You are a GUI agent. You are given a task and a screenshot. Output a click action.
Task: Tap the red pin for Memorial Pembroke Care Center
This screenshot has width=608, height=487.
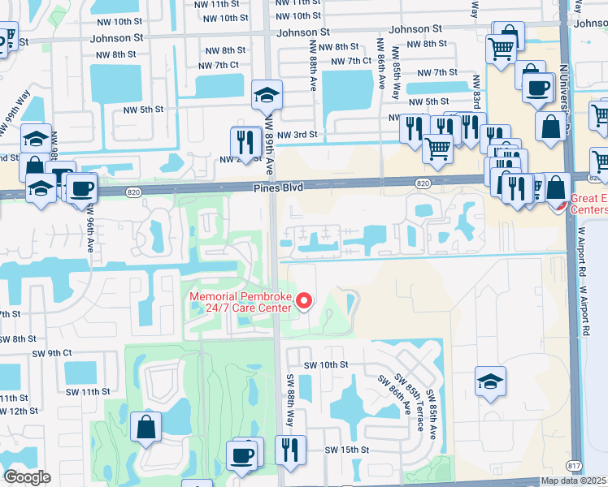[x=305, y=301]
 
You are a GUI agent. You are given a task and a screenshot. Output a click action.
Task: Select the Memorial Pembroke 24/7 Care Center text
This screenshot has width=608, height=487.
[x=241, y=302]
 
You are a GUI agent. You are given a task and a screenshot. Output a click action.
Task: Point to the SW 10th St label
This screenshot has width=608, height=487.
[x=324, y=365]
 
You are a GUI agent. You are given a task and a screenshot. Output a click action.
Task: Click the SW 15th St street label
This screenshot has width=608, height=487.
[x=347, y=450]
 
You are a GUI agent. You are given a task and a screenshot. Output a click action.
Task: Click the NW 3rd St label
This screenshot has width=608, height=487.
[x=296, y=136]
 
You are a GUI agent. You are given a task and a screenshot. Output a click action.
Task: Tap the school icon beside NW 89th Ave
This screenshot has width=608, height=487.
[x=267, y=95]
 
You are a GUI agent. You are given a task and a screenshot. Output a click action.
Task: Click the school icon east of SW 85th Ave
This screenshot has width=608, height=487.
[x=491, y=381]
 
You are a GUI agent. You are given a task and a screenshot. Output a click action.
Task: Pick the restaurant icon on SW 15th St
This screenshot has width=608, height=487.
[x=289, y=450]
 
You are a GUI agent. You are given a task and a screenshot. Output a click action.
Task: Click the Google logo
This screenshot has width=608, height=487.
[x=28, y=476]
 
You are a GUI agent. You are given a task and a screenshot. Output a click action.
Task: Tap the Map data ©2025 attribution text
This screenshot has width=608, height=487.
[x=574, y=481]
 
